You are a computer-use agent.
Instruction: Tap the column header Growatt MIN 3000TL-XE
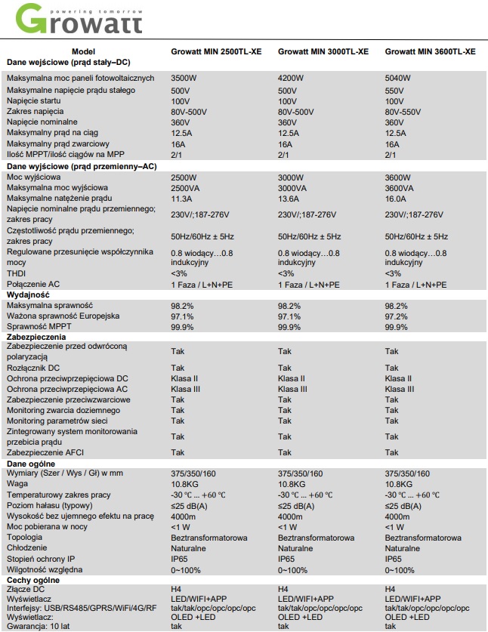coord(323,51)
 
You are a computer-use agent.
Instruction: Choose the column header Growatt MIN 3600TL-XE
coord(430,51)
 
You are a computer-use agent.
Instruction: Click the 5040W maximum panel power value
coord(398,78)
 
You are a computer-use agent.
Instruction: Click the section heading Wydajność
coord(29,294)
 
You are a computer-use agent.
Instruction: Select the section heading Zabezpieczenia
coord(36,336)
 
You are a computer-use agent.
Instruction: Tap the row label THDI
coord(16,273)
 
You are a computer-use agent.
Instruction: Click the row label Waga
coord(17,484)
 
